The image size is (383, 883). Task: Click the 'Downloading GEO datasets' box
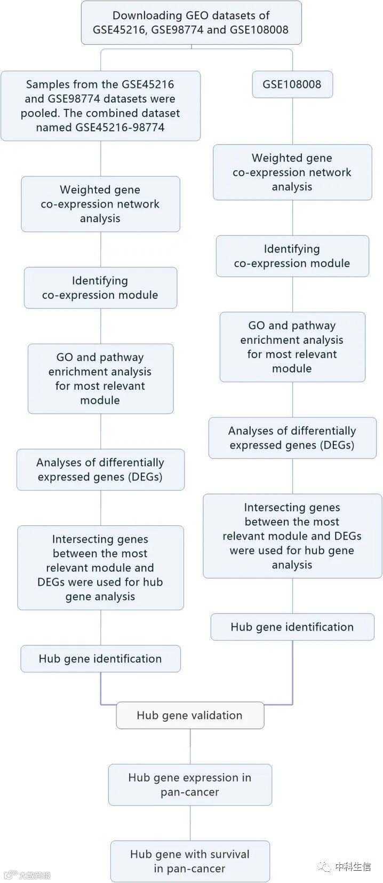coord(191,22)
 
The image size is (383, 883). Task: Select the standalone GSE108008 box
coord(292,84)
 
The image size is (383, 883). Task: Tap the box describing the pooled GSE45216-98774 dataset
coord(100,106)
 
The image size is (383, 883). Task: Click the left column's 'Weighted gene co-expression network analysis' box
coord(100,204)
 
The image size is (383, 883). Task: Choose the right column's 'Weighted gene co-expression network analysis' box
coord(292,172)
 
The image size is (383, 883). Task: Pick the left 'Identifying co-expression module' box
coord(100,288)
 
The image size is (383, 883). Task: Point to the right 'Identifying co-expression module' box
coord(292,256)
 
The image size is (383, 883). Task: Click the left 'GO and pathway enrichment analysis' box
coord(100,379)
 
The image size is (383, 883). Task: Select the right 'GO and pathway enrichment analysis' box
coord(292,347)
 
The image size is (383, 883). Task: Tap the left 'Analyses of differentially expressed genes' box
coord(100,470)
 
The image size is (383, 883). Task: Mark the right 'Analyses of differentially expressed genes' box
coord(292,438)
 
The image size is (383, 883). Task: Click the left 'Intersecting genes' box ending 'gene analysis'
coord(100,567)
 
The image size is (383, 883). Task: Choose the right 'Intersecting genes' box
coord(292,536)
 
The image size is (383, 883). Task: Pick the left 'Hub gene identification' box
coord(100,659)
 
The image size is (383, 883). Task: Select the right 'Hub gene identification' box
coord(292,627)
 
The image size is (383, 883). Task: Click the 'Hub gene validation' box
coord(190,715)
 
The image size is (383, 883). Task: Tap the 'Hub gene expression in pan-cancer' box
coord(190,785)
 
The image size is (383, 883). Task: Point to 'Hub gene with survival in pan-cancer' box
coord(190,861)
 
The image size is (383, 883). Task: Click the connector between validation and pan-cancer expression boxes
coord(190,746)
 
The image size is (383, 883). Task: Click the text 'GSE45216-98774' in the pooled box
coord(119,128)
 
